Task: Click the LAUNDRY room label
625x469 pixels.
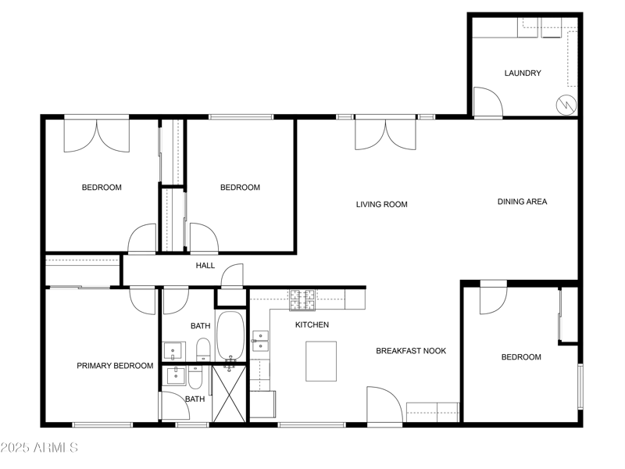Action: click(x=523, y=73)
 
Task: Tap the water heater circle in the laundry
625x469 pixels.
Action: click(x=565, y=104)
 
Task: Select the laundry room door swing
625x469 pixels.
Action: click(x=487, y=102)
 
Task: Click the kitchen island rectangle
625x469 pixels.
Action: click(x=320, y=361)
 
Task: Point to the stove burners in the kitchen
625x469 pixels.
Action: click(x=302, y=299)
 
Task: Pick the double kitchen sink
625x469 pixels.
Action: click(x=260, y=342)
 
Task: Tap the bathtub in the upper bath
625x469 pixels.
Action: click(x=230, y=336)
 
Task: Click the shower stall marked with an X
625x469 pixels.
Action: click(x=229, y=394)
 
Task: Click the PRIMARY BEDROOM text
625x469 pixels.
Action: click(x=115, y=366)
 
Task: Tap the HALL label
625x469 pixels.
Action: click(x=205, y=266)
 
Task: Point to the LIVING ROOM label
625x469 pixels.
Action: click(x=382, y=205)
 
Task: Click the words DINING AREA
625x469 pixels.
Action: click(x=522, y=202)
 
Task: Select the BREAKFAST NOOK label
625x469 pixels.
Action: click(x=411, y=351)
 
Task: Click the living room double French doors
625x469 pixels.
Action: click(x=385, y=134)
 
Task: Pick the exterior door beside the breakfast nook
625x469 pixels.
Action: click(x=384, y=405)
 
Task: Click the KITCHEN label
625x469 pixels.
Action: click(x=312, y=324)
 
